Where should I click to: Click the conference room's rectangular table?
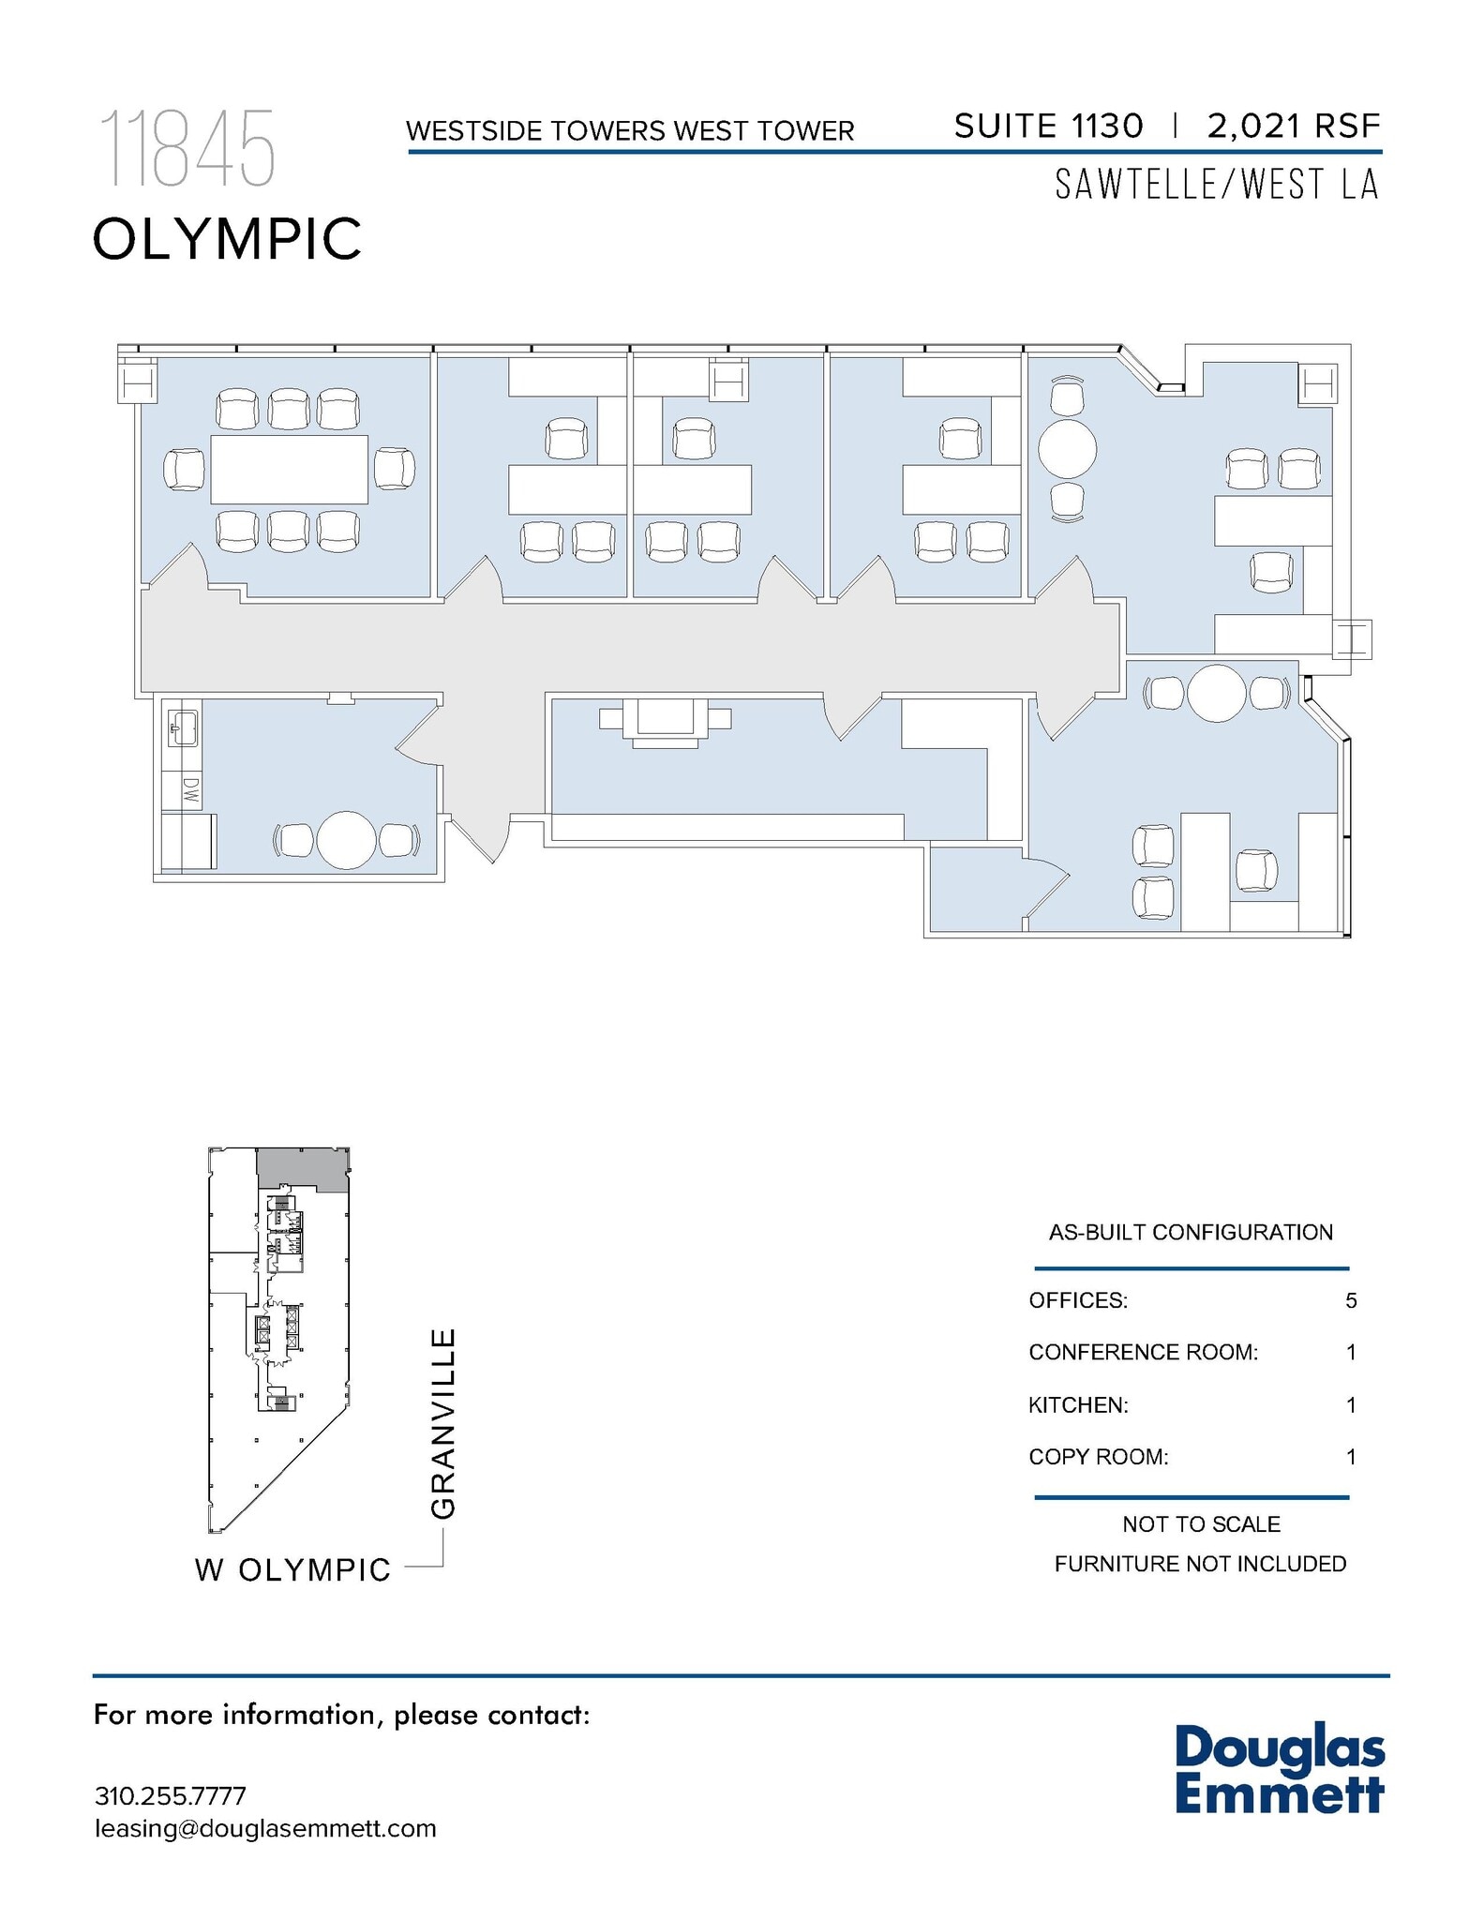pyautogui.click(x=289, y=469)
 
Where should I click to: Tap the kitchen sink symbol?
pyautogui.click(x=182, y=727)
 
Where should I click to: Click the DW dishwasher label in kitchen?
pyautogui.click(x=190, y=790)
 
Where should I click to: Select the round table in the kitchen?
pyautogui.click(x=346, y=840)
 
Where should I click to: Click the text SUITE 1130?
pyautogui.click(x=1048, y=126)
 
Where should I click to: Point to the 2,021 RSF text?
pyautogui.click(x=1294, y=126)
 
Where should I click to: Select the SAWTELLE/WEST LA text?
pyautogui.click(x=1217, y=185)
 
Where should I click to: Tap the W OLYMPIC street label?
pyautogui.click(x=292, y=1569)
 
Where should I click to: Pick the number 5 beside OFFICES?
pyautogui.click(x=1351, y=1300)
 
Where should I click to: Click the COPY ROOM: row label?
pyautogui.click(x=1098, y=1457)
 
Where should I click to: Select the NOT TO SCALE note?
pyautogui.click(x=1201, y=1524)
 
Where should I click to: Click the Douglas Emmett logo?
pyautogui.click(x=1279, y=1769)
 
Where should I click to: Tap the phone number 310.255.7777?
pyautogui.click(x=171, y=1796)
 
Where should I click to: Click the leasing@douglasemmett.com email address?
pyautogui.click(x=265, y=1828)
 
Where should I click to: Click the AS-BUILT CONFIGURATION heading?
pyautogui.click(x=1191, y=1232)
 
